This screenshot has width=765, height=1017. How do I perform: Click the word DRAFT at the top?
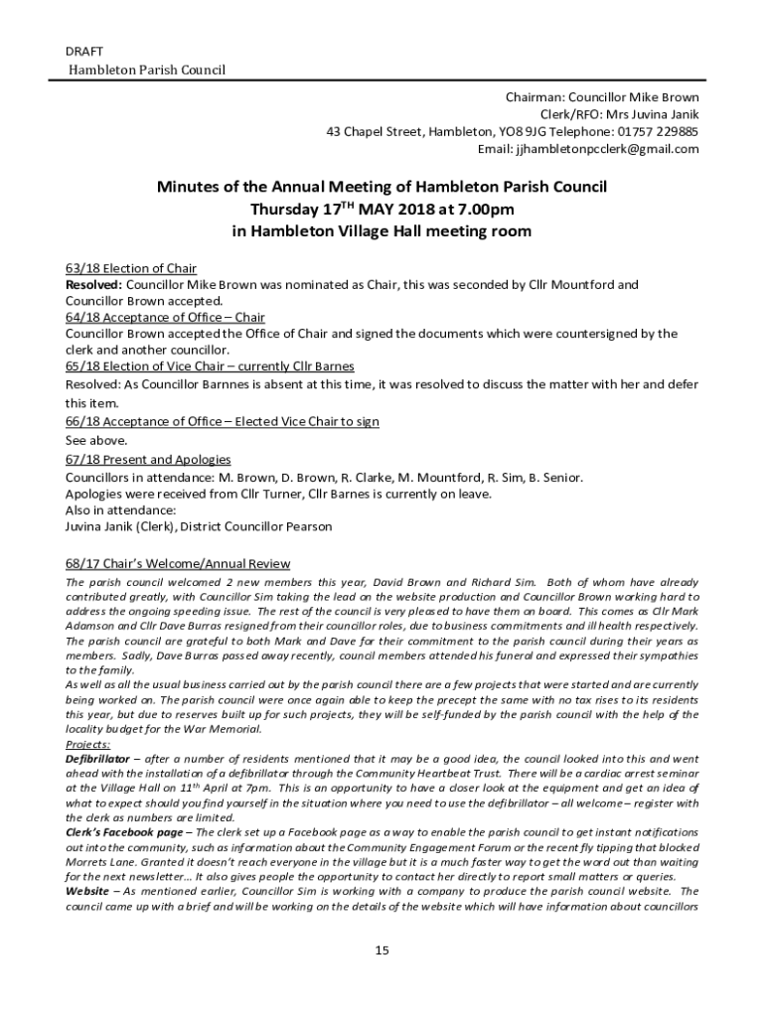coord(83,51)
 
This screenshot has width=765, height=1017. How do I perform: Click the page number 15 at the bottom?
coord(382,950)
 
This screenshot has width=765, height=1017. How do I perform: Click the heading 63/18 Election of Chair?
coord(131,268)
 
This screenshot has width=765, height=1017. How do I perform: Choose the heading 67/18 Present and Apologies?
coord(148,459)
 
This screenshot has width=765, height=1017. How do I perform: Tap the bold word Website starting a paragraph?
coord(88,891)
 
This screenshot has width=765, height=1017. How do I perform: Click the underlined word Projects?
coord(88,743)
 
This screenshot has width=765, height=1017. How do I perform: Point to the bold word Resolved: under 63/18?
coord(93,285)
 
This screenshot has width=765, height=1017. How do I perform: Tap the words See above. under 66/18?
coord(96,440)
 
